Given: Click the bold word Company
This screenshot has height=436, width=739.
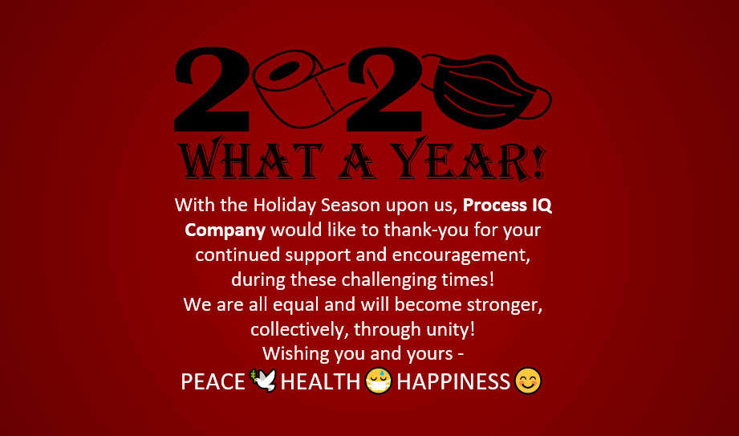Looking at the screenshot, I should pyautogui.click(x=225, y=230).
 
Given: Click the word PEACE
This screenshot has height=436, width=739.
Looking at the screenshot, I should pyautogui.click(x=213, y=381).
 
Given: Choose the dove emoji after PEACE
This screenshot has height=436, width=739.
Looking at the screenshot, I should pyautogui.click(x=263, y=380).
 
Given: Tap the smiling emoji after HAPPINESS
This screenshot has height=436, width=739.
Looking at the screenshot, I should pyautogui.click(x=528, y=380).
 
